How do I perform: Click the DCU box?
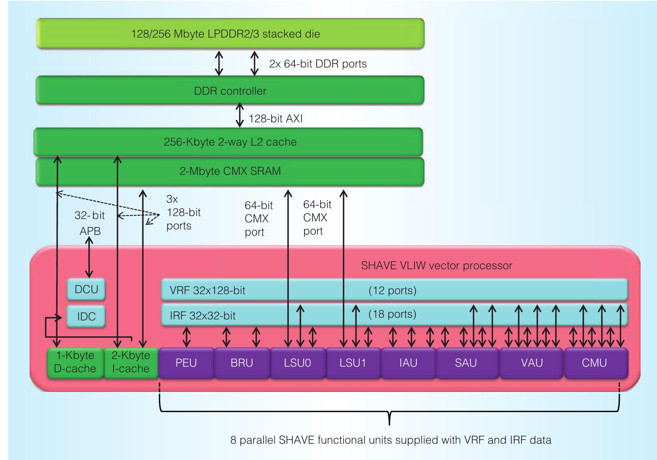click(86, 289)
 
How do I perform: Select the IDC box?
click(86, 316)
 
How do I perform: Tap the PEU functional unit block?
click(186, 363)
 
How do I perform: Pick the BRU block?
click(242, 363)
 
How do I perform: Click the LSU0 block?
click(297, 363)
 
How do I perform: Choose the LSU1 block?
click(353, 363)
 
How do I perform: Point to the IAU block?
click(408, 363)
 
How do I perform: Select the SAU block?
click(466, 363)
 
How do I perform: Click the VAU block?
click(532, 363)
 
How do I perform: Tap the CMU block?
click(595, 363)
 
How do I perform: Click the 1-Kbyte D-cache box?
click(75, 362)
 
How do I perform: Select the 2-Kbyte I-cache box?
click(131, 362)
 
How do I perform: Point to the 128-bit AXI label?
click(275, 119)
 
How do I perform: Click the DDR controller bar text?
click(230, 91)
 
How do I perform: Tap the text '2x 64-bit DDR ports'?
click(318, 64)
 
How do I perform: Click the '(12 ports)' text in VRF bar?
click(392, 290)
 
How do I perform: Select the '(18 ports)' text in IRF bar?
click(392, 314)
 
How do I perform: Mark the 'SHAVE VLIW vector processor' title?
click(436, 266)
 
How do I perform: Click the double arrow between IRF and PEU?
click(187, 337)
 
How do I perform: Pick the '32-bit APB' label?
click(90, 223)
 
